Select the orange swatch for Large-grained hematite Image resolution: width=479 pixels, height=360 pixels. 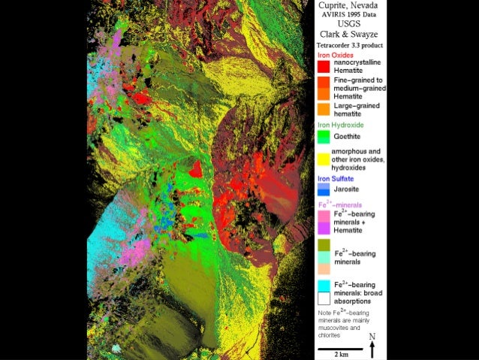pos(323,110)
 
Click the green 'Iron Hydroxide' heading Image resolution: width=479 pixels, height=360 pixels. pos(339,125)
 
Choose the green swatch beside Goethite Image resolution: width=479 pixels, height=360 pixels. pos(323,137)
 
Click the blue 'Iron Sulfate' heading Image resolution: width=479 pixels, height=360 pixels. pos(334,179)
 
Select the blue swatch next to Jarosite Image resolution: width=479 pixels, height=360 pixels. pos(323,191)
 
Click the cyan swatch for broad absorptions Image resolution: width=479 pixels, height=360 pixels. pos(323,285)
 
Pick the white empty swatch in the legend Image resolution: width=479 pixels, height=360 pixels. pos(323,298)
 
